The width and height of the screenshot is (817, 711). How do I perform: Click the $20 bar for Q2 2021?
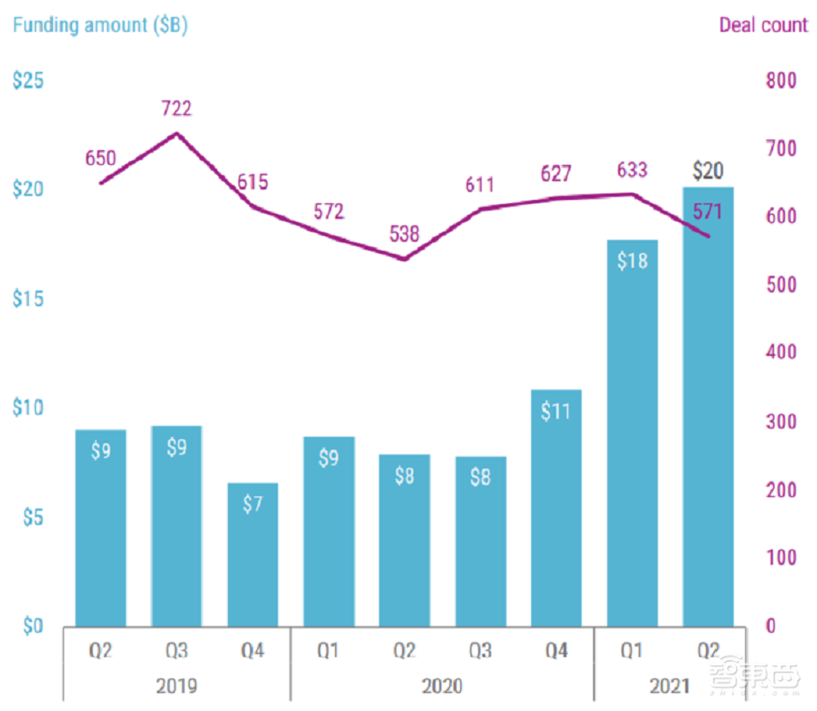(x=708, y=408)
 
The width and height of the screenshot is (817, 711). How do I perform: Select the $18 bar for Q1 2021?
(x=632, y=433)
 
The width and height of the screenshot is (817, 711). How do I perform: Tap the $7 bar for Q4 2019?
(x=252, y=555)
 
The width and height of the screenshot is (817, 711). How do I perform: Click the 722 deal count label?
(x=176, y=109)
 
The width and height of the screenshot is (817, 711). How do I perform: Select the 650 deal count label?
(x=100, y=158)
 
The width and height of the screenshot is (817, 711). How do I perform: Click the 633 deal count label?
(x=632, y=170)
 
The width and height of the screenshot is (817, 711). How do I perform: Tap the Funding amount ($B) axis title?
(x=100, y=25)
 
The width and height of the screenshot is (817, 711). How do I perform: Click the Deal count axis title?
(x=763, y=25)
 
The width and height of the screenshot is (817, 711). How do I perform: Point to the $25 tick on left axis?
(x=28, y=81)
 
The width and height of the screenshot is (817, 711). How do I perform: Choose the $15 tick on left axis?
(x=28, y=300)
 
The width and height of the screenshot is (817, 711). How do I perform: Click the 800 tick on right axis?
(x=779, y=81)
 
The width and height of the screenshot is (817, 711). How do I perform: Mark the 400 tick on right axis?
(x=779, y=353)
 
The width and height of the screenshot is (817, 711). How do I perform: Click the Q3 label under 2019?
(x=176, y=651)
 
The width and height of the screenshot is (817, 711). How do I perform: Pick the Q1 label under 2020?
(x=328, y=651)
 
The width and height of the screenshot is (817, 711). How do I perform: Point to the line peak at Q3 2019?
(x=177, y=133)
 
